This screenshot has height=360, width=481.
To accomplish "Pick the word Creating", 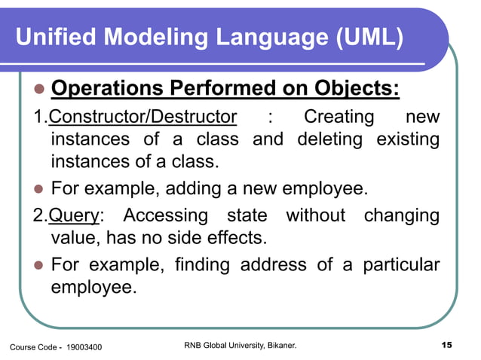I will (339, 117).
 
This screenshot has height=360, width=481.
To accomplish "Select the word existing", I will (403, 139).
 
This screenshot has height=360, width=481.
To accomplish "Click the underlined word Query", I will (74, 215).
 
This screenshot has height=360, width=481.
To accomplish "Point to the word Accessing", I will (165, 215).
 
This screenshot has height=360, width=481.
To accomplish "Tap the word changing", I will (402, 215).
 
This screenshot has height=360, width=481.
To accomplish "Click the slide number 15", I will (445, 345).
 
